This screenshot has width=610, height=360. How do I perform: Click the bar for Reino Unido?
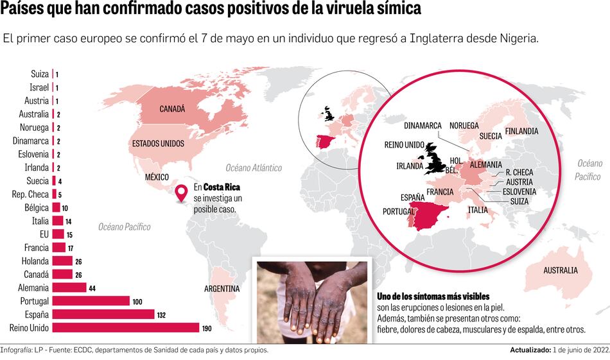pos(126,328)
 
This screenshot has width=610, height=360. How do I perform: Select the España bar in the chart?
pos(103,314)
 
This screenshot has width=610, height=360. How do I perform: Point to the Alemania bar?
pos(69,287)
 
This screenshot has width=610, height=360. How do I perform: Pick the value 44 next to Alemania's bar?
pos(92,288)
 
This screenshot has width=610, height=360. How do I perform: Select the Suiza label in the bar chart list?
pos(39,74)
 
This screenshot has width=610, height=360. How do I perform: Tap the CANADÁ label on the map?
pos(172,109)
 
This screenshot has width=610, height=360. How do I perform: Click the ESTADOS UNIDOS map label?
pos(157,144)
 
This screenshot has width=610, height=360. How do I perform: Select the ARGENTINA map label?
pos(222,289)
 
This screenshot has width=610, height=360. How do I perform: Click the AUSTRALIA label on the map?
pos(560,270)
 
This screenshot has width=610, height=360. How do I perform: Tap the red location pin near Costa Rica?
pos(182,192)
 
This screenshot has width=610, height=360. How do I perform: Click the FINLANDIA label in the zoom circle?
pos(521,131)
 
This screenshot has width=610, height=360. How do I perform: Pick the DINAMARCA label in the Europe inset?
pos(422,125)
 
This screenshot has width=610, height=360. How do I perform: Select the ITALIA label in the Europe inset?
pos(477,210)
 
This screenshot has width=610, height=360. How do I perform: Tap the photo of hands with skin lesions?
pos(312,300)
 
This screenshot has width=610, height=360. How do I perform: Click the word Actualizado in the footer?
pos(530,350)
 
